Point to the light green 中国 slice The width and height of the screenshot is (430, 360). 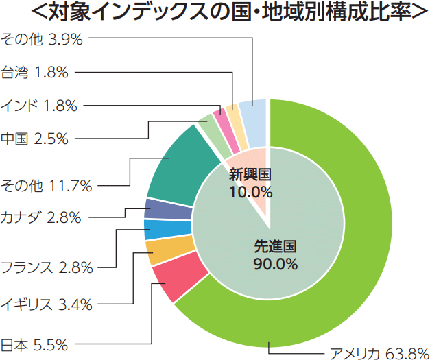coord(206,128)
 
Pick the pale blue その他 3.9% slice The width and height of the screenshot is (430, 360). coord(253,114)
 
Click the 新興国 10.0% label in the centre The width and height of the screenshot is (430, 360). coord(250,182)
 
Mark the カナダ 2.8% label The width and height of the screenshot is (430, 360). coord(40,218)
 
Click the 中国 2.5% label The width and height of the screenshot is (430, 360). coord(34,139)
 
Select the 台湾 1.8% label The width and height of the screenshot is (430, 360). coord(34,71)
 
